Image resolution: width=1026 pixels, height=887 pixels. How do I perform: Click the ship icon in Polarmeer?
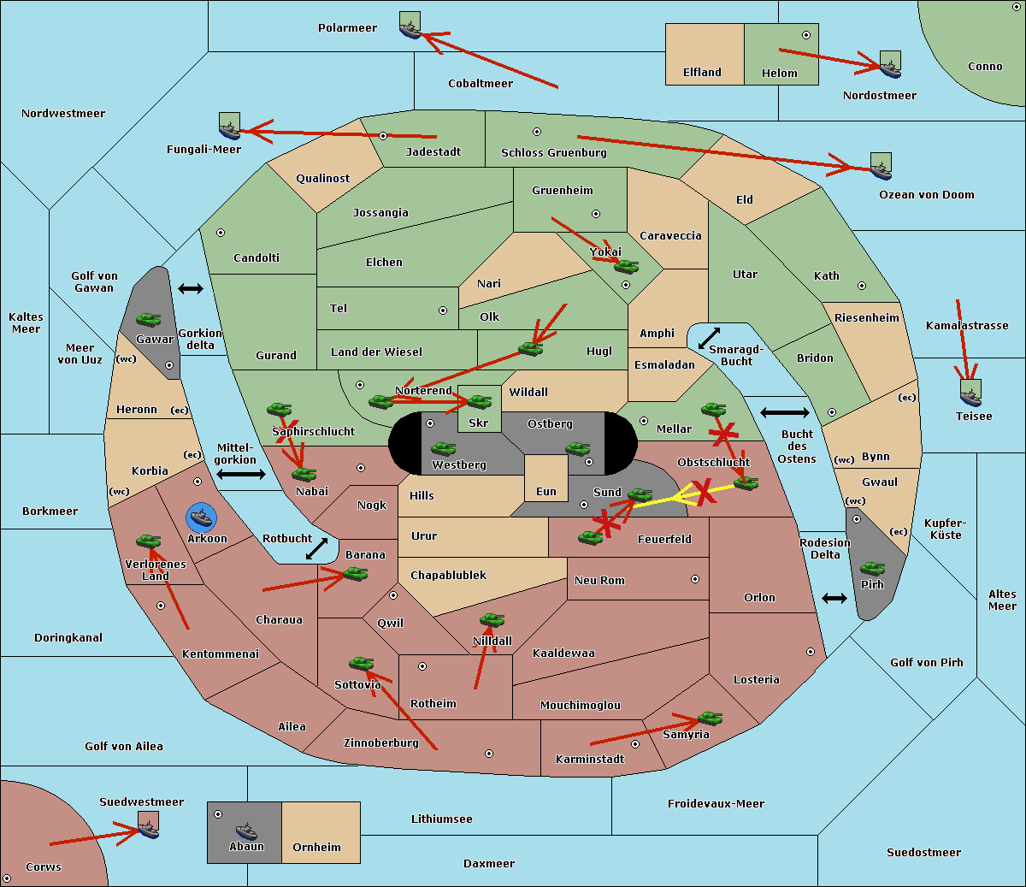(410, 27)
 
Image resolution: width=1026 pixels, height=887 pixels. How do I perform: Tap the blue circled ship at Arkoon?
(202, 517)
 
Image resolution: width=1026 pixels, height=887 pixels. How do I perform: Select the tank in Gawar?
(149, 320)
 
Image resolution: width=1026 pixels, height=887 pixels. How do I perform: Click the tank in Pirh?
(872, 569)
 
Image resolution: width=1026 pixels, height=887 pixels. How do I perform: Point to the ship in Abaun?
(245, 831)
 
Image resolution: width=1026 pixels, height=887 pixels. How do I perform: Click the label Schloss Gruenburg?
(553, 153)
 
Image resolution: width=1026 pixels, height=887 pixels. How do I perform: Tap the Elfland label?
(702, 73)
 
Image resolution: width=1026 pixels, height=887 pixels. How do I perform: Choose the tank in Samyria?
(710, 718)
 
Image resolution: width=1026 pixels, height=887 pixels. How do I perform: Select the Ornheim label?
(316, 848)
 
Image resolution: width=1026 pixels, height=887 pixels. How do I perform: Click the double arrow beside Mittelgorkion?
(241, 474)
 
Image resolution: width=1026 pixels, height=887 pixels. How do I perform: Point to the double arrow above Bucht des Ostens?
(784, 413)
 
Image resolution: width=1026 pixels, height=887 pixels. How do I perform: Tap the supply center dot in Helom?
(805, 35)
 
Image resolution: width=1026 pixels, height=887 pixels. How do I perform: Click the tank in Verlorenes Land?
(149, 541)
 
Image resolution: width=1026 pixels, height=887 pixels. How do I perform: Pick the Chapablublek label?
(448, 576)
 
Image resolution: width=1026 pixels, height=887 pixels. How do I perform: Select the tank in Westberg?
(443, 448)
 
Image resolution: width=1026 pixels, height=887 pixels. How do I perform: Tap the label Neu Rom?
(599, 581)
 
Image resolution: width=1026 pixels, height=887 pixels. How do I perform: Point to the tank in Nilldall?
(492, 619)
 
